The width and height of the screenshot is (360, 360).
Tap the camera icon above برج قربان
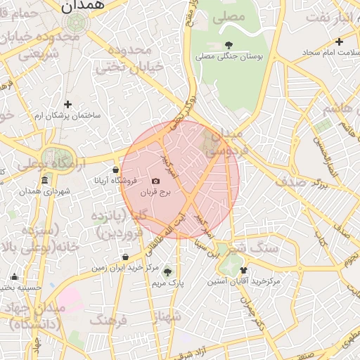pos(155,181)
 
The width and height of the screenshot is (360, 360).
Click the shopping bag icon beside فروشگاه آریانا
pos(116,169)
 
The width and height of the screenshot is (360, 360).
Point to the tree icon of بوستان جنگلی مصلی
pos(229,45)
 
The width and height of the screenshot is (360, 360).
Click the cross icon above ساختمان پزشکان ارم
pos(67,104)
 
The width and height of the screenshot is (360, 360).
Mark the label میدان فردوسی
pos(225,141)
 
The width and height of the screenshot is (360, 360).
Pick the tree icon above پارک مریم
pos(167,271)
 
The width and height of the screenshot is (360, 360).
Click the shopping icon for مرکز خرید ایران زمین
pos(125,257)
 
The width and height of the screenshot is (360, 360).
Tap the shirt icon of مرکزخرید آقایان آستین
pos(243,270)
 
